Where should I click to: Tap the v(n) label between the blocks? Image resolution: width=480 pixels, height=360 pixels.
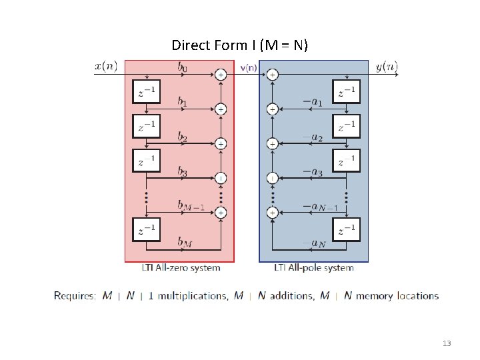(x=248, y=67)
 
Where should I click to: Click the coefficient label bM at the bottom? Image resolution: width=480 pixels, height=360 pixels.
(x=185, y=241)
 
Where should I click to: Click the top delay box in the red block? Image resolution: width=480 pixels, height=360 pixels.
(x=147, y=92)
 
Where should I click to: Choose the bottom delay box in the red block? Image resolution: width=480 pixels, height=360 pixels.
(x=147, y=231)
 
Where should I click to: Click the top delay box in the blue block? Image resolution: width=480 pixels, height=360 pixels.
(x=347, y=92)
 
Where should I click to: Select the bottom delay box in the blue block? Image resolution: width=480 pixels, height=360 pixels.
(x=347, y=231)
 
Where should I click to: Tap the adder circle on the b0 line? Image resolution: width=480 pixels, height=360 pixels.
(x=221, y=75)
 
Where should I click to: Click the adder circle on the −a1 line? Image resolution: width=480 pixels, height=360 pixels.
(x=272, y=109)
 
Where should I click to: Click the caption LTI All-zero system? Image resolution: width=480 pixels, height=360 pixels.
(x=181, y=268)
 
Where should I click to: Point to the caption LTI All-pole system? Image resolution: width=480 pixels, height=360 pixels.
(x=314, y=268)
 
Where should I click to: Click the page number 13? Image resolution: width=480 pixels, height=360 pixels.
(x=447, y=343)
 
